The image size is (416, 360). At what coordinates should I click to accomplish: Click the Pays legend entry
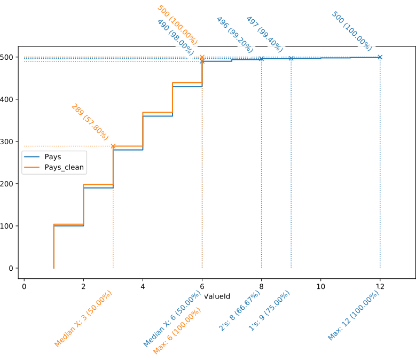tap(53, 157)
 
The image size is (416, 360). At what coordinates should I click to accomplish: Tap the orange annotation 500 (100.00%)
tap(178, 24)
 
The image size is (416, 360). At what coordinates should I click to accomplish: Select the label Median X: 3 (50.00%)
tap(84, 320)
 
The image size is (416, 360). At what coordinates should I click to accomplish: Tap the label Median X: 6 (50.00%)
tap(172, 319)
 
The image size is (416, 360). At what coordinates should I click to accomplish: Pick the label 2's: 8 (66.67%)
tap(239, 311)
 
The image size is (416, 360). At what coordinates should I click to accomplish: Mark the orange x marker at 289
tap(113, 146)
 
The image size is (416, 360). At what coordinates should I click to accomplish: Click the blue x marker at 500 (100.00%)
tap(380, 57)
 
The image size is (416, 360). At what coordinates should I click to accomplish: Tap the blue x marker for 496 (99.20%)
tap(261, 58)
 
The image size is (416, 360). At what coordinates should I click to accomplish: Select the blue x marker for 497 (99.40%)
tap(291, 58)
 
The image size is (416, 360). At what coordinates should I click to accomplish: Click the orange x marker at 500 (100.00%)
tap(202, 57)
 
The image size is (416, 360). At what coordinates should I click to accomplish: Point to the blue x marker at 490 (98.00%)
tap(202, 61)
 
